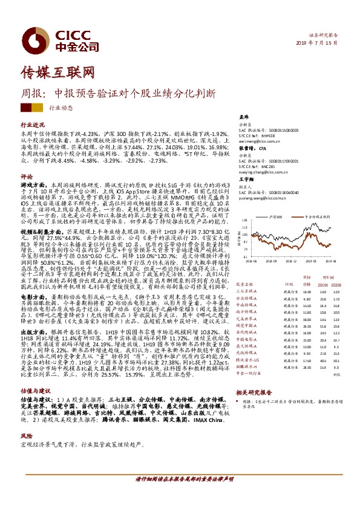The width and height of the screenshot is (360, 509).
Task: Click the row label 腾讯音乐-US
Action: tap(247, 359)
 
